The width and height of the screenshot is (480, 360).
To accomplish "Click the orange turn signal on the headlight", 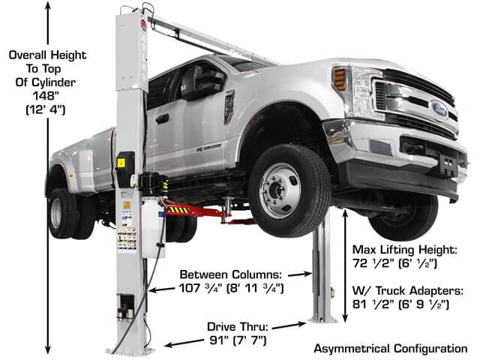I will click(x=340, y=79).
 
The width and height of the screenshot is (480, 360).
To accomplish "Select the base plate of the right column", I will click(x=322, y=319).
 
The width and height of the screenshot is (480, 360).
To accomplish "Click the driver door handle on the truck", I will click(x=162, y=118).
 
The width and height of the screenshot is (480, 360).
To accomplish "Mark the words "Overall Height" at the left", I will click(x=47, y=55).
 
